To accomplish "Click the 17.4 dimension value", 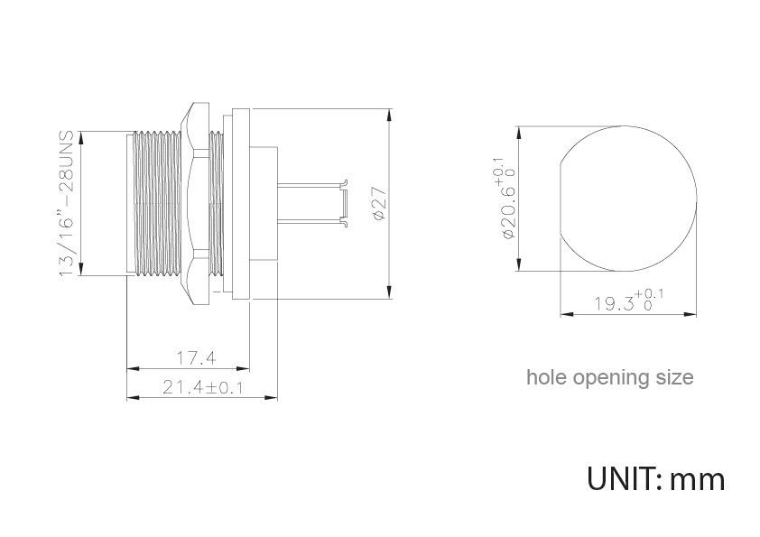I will (196, 358).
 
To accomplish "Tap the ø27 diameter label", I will (379, 205).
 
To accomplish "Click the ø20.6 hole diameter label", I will (506, 200).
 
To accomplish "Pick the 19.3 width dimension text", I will (628, 302).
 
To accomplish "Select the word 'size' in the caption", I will (673, 377).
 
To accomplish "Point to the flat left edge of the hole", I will (561, 199).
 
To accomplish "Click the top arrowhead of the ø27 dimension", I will (389, 115).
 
